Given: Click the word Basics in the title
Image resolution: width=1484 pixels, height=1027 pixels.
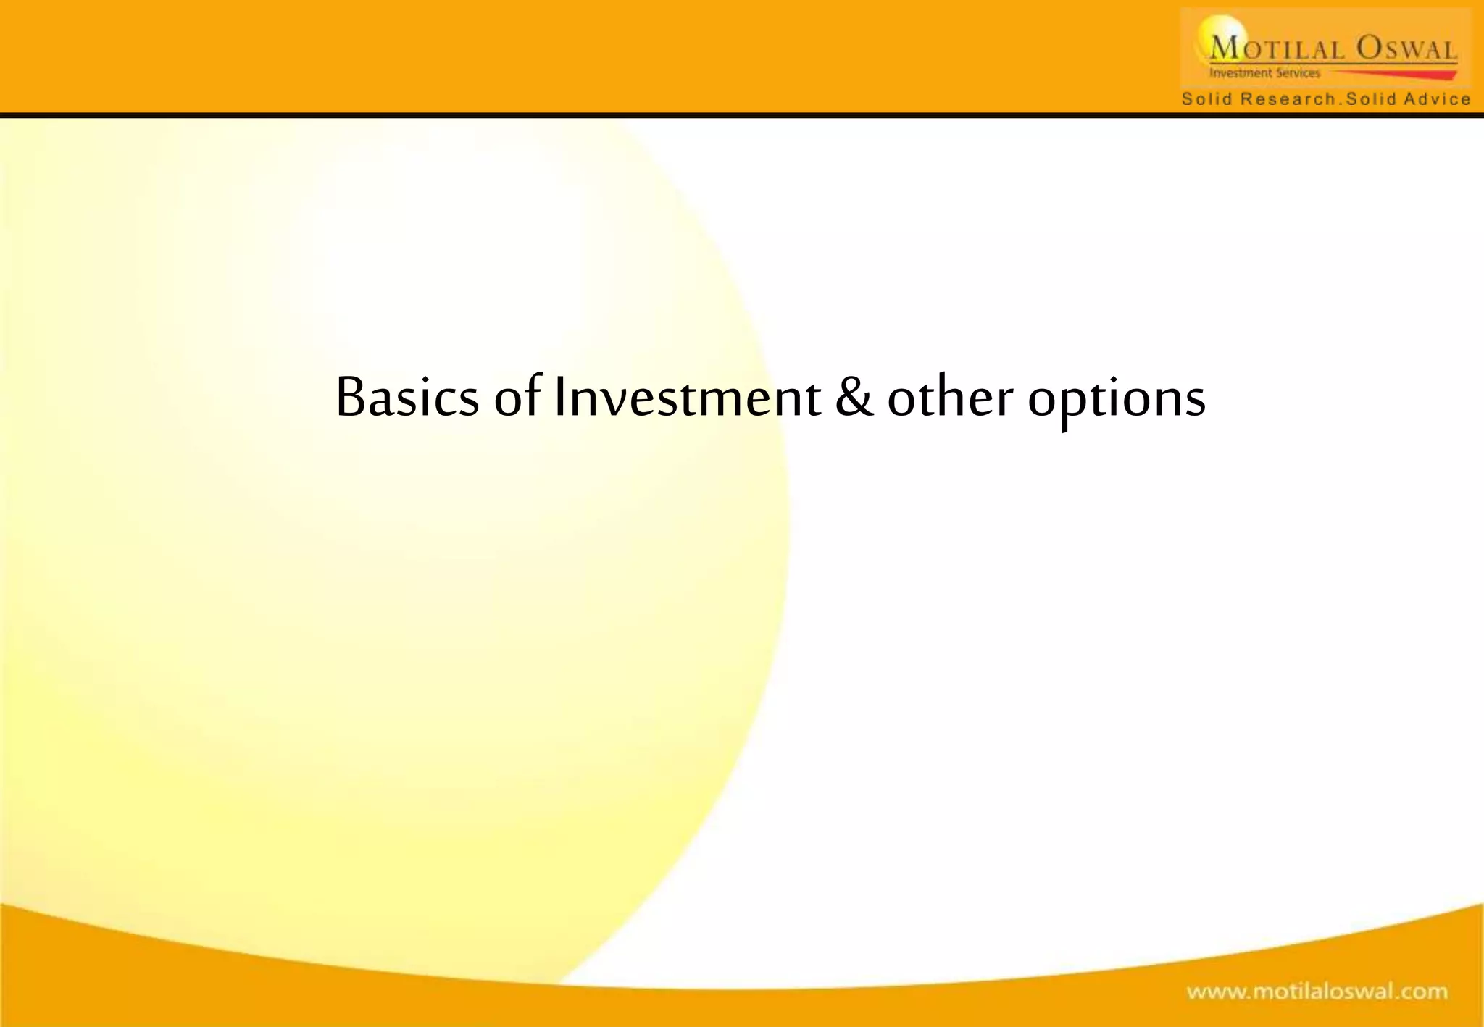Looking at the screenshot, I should click(x=407, y=398).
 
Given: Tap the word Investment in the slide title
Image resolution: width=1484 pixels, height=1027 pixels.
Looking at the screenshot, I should click(x=687, y=398).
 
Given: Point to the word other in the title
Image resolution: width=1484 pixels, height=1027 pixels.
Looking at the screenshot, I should click(x=950, y=398).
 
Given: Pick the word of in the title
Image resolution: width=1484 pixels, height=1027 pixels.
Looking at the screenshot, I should click(x=517, y=398).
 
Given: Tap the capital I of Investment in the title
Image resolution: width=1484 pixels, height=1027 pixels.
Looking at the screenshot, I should click(x=559, y=398).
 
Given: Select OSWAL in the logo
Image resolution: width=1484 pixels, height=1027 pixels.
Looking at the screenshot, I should click(x=1406, y=49).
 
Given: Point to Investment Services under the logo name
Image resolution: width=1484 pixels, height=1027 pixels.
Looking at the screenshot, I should click(x=1264, y=73).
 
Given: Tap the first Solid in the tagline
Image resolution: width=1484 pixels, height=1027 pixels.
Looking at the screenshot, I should click(x=1206, y=99).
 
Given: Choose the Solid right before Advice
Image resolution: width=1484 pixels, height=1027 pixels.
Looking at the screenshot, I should click(x=1370, y=99).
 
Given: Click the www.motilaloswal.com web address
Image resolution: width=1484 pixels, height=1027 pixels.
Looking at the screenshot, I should click(x=1317, y=991).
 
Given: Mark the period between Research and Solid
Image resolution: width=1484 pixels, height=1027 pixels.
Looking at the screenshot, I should click(x=1340, y=103).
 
